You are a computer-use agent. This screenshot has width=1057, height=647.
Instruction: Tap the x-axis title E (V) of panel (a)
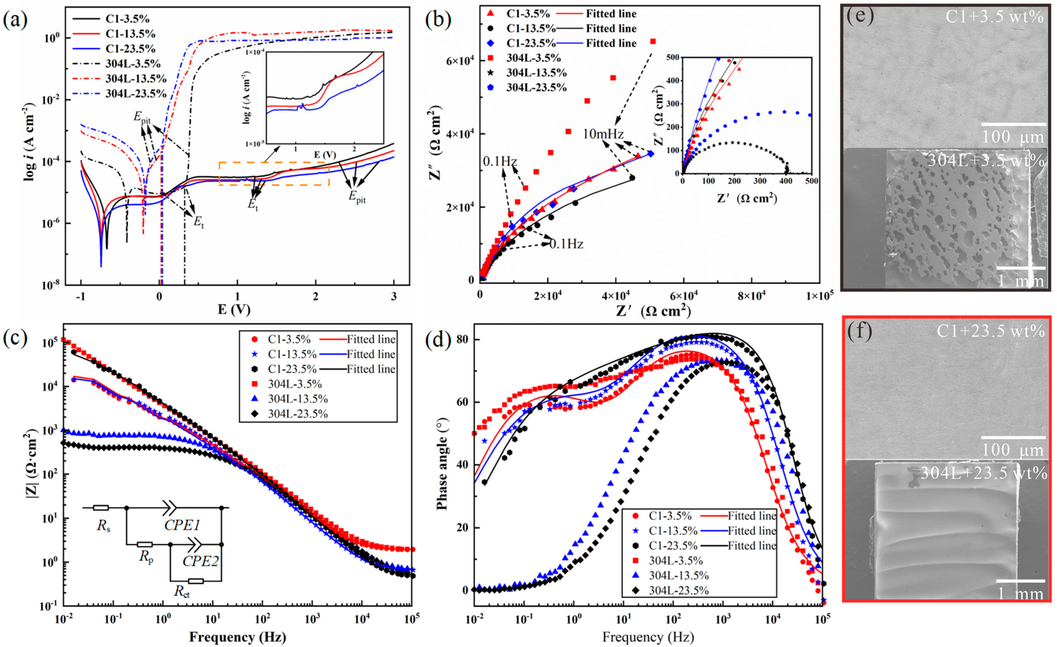point(234,309)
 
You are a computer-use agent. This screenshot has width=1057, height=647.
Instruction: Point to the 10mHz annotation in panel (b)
point(603,134)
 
